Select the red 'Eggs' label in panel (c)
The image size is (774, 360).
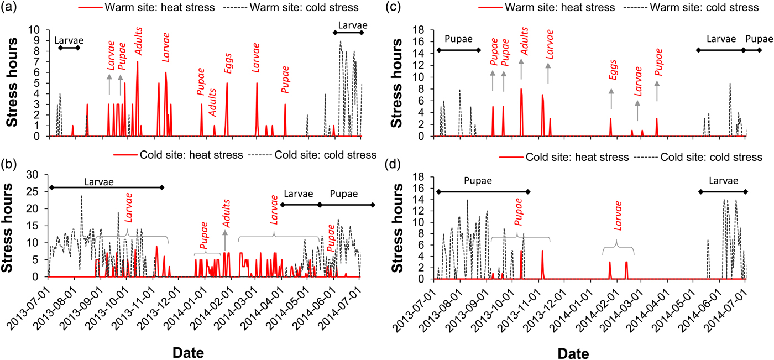611,70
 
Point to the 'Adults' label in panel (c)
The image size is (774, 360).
521,41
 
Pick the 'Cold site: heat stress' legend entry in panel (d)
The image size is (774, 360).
564,157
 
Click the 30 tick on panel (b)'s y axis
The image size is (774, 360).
37,175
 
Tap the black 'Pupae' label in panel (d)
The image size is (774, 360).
478,181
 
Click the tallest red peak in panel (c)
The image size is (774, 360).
521,90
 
